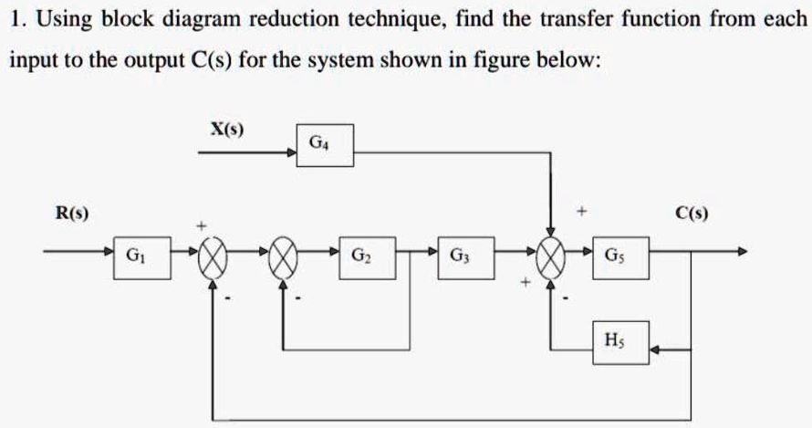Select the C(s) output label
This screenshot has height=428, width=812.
[x=692, y=214]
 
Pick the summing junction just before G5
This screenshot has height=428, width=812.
[x=551, y=255]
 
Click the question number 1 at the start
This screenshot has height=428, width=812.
[x=15, y=17]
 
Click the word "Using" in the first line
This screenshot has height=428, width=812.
[x=58, y=19]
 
